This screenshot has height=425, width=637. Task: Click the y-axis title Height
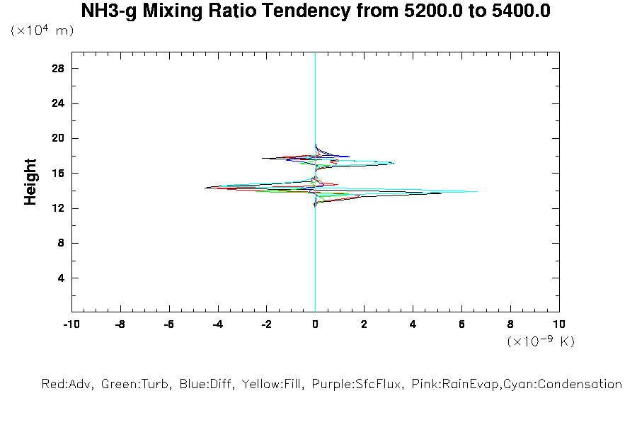click(x=30, y=182)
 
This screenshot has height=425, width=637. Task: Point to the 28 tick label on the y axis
click(x=58, y=68)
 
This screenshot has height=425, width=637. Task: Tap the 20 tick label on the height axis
click(x=58, y=138)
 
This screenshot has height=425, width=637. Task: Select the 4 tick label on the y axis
click(x=62, y=278)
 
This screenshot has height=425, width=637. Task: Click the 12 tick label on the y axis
click(x=58, y=208)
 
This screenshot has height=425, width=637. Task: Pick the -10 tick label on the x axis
click(x=71, y=324)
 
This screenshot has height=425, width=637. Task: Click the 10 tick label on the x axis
click(x=559, y=324)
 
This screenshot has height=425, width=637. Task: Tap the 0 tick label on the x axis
click(x=316, y=324)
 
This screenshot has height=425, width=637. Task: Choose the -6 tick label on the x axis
click(x=168, y=324)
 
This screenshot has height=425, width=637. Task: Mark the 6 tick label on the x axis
click(x=462, y=324)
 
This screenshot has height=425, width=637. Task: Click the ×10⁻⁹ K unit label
click(x=541, y=341)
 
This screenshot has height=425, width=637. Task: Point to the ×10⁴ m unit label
click(x=42, y=31)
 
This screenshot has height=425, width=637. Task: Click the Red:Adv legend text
click(x=67, y=385)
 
